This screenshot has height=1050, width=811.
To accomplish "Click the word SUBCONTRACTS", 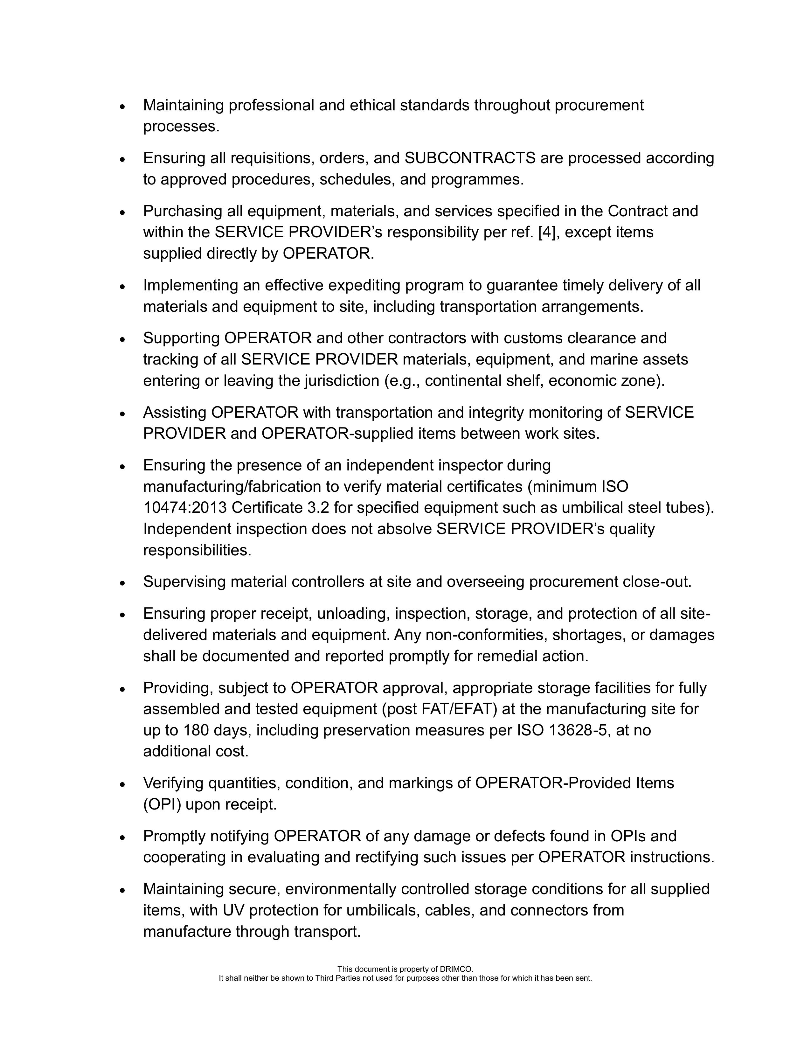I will click(x=470, y=158).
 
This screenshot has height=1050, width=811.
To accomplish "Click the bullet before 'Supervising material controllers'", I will click(x=123, y=583).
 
